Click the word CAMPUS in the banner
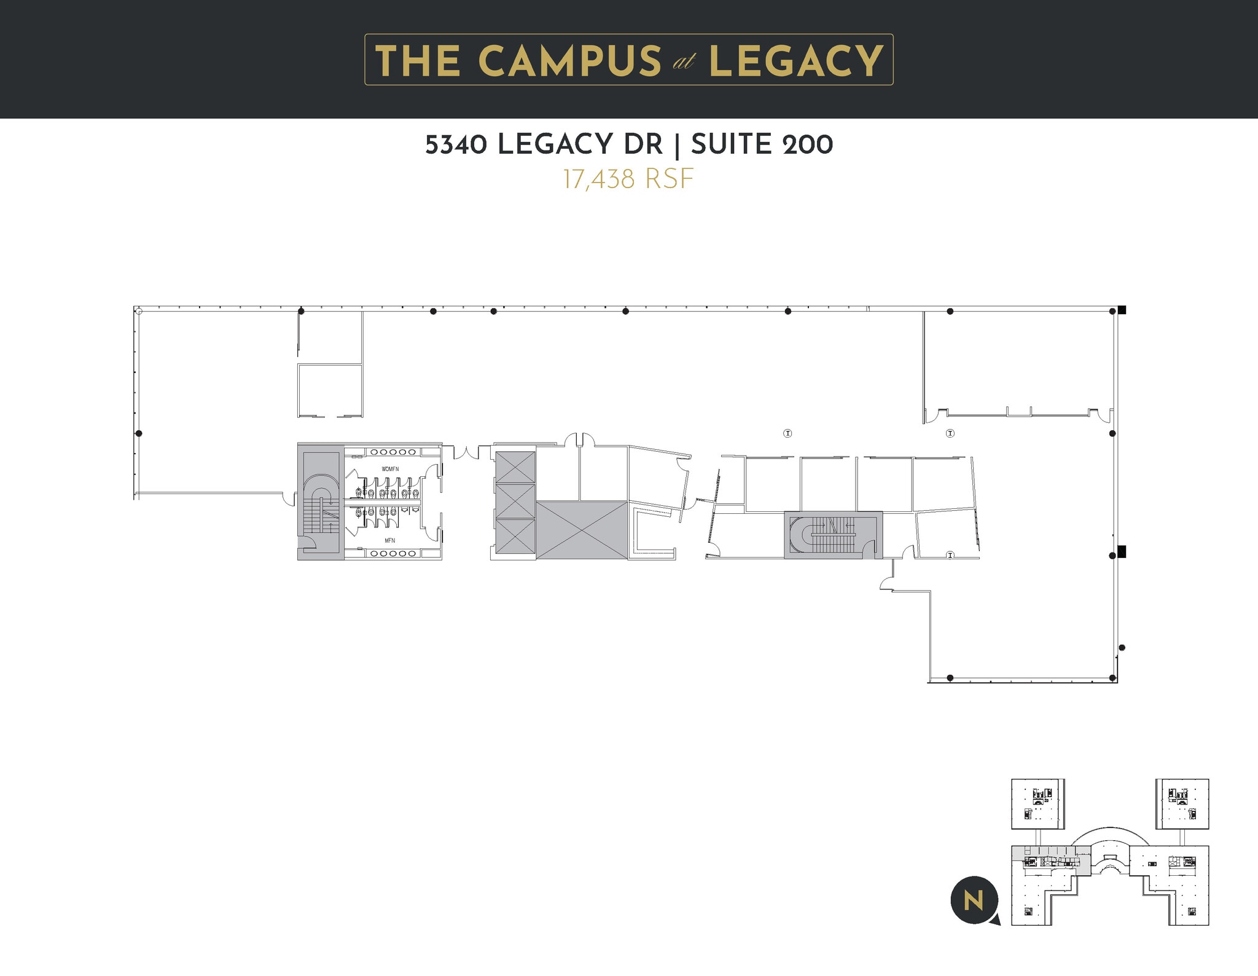569,61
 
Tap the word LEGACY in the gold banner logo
795,61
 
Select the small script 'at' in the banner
684,62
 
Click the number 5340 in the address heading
456,145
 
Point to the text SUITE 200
762,145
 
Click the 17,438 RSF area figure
628,179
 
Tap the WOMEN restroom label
390,469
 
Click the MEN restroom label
390,541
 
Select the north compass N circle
974,900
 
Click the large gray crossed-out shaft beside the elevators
582,530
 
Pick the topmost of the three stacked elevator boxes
515,467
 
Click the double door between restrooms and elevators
466,453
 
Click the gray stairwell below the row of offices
832,534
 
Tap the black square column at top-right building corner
1122,310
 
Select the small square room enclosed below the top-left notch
330,390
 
